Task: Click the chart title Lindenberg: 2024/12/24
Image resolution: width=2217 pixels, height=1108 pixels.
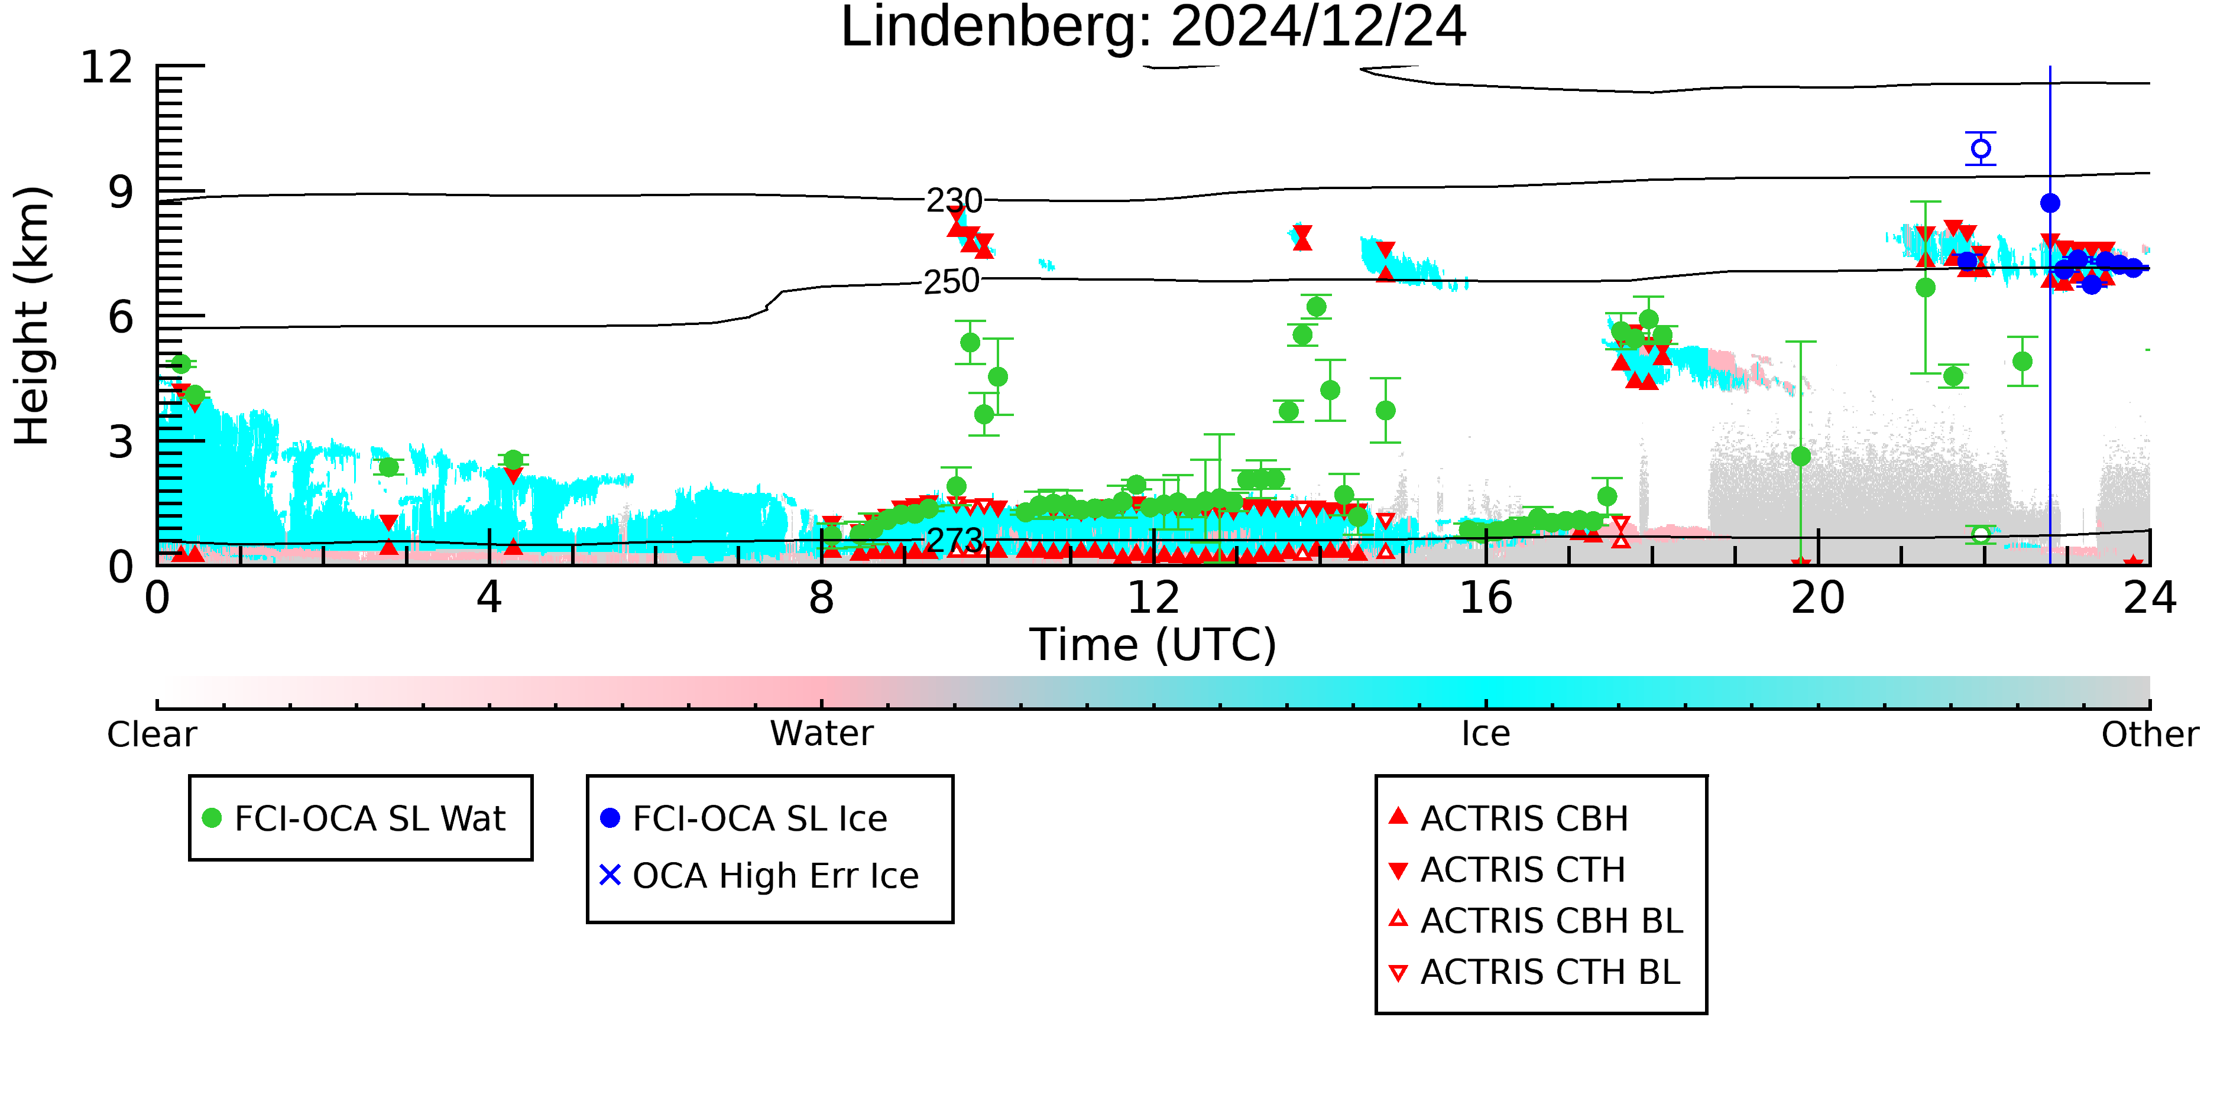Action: coord(1153,28)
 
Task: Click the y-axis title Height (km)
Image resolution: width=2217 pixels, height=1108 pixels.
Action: coord(32,316)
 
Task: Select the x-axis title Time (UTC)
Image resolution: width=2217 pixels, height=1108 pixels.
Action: coord(1153,644)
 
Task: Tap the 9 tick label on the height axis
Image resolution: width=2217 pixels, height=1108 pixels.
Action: coord(121,192)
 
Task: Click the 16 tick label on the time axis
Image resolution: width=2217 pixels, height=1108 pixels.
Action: coord(1486,598)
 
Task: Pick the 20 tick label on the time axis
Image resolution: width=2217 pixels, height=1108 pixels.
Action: coord(1818,598)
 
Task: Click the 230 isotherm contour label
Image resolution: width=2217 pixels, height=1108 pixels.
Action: coord(954,200)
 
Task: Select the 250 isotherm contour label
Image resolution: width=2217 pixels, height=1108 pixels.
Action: coord(951,281)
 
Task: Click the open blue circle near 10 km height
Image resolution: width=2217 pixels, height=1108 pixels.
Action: coord(1981,149)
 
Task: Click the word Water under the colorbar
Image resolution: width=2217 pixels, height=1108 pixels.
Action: coord(822,734)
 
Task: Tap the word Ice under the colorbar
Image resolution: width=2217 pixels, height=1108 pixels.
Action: coord(1486,734)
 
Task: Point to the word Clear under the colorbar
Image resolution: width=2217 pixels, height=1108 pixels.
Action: coord(151,735)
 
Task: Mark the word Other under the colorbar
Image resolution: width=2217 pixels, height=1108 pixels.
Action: coord(2150,735)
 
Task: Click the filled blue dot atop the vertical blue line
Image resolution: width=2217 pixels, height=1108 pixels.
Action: coord(2050,203)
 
